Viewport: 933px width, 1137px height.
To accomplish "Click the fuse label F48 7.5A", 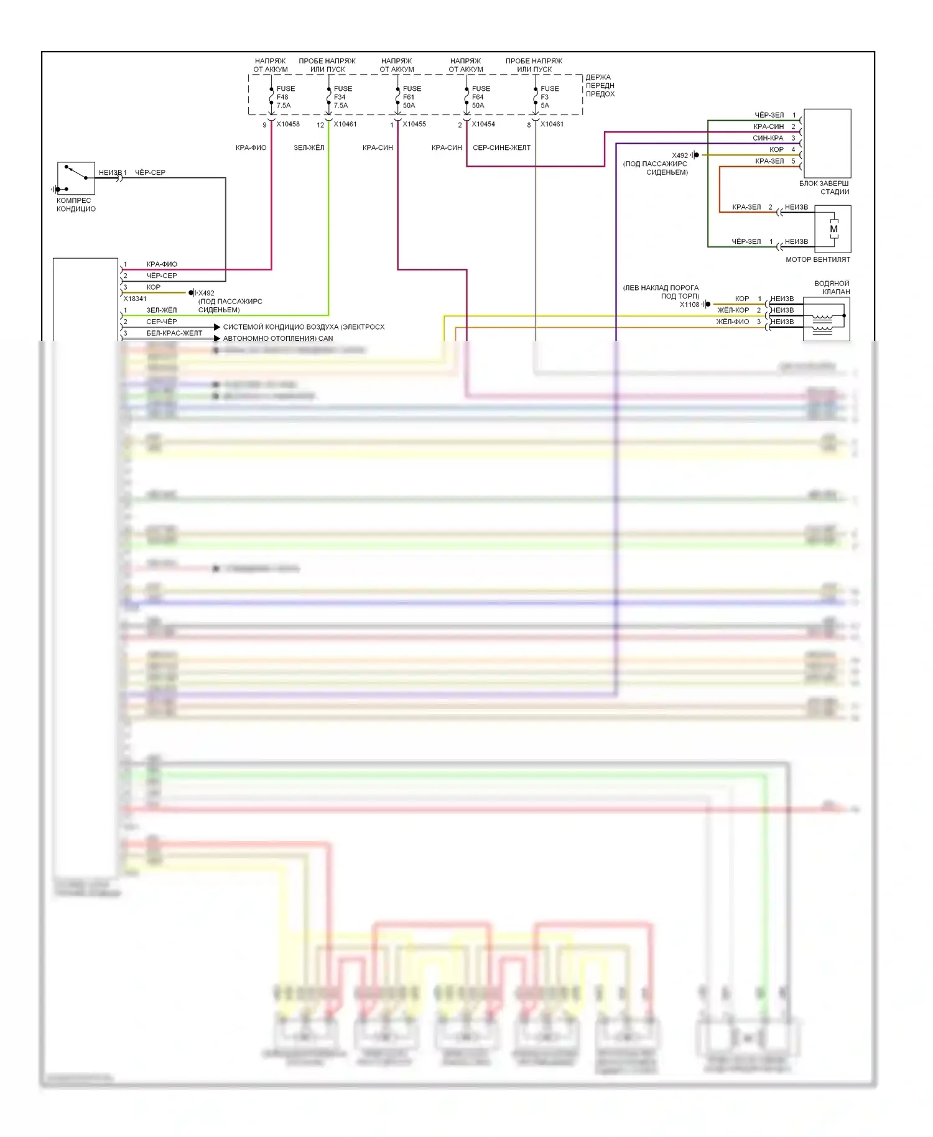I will (x=284, y=97).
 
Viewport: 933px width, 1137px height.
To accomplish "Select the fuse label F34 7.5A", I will (x=341, y=97).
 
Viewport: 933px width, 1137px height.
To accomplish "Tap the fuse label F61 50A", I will (x=411, y=97).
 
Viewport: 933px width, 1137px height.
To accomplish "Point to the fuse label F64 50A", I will (x=480, y=97).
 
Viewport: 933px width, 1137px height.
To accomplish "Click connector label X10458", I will (x=288, y=124).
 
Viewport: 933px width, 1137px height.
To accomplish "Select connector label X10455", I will (x=414, y=124).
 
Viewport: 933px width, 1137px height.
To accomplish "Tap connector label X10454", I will (x=483, y=124).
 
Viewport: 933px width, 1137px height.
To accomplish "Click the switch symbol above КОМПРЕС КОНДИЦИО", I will (x=76, y=178).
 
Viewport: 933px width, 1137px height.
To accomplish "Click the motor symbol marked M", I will (x=833, y=229).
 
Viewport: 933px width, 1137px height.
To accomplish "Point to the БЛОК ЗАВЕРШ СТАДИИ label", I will (x=824, y=188).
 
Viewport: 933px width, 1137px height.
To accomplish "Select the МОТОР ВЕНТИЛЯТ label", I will (x=817, y=259).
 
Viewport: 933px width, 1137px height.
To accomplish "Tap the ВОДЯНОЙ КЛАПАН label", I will (x=832, y=287).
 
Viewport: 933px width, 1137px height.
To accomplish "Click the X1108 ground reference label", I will (x=689, y=305).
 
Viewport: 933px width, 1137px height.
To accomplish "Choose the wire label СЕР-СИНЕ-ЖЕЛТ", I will (x=501, y=148).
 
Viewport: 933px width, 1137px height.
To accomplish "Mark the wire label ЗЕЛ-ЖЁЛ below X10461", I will (x=309, y=148).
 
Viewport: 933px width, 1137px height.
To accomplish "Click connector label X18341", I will (x=135, y=299).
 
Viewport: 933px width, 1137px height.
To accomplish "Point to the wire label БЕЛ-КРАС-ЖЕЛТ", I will (x=174, y=333).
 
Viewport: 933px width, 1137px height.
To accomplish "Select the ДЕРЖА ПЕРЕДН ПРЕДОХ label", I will (x=600, y=86).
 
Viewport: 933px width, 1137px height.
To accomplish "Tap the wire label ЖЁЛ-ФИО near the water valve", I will (x=733, y=322).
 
